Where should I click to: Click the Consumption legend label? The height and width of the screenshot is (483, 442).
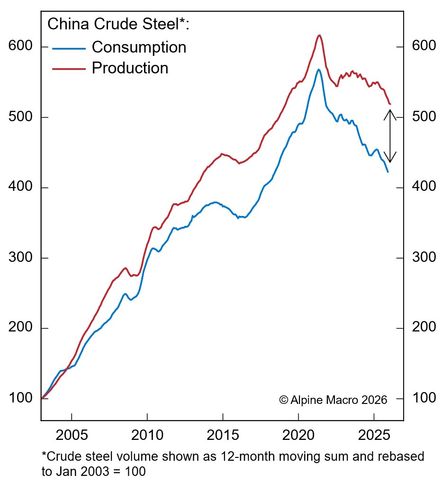pyautogui.click(x=139, y=47)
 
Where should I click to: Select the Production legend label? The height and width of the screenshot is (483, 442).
pyautogui.click(x=130, y=68)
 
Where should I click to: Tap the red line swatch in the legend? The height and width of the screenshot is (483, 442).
pyautogui.click(x=69, y=69)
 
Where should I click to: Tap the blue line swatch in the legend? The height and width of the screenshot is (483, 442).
pyautogui.click(x=69, y=48)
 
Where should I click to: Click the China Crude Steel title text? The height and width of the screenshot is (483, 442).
pyautogui.click(x=118, y=24)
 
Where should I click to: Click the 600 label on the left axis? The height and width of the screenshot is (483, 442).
pyautogui.click(x=20, y=47)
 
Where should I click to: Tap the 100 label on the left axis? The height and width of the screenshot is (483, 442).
pyautogui.click(x=20, y=398)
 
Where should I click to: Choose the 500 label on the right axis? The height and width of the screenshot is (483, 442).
pyautogui.click(x=424, y=117)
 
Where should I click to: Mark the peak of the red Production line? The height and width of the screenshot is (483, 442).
pyautogui.click(x=319, y=35)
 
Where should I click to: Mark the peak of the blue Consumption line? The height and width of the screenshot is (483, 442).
pyautogui.click(x=319, y=70)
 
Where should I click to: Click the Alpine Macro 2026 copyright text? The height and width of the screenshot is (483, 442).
pyautogui.click(x=333, y=400)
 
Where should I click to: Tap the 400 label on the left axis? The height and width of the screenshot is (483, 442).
pyautogui.click(x=20, y=188)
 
